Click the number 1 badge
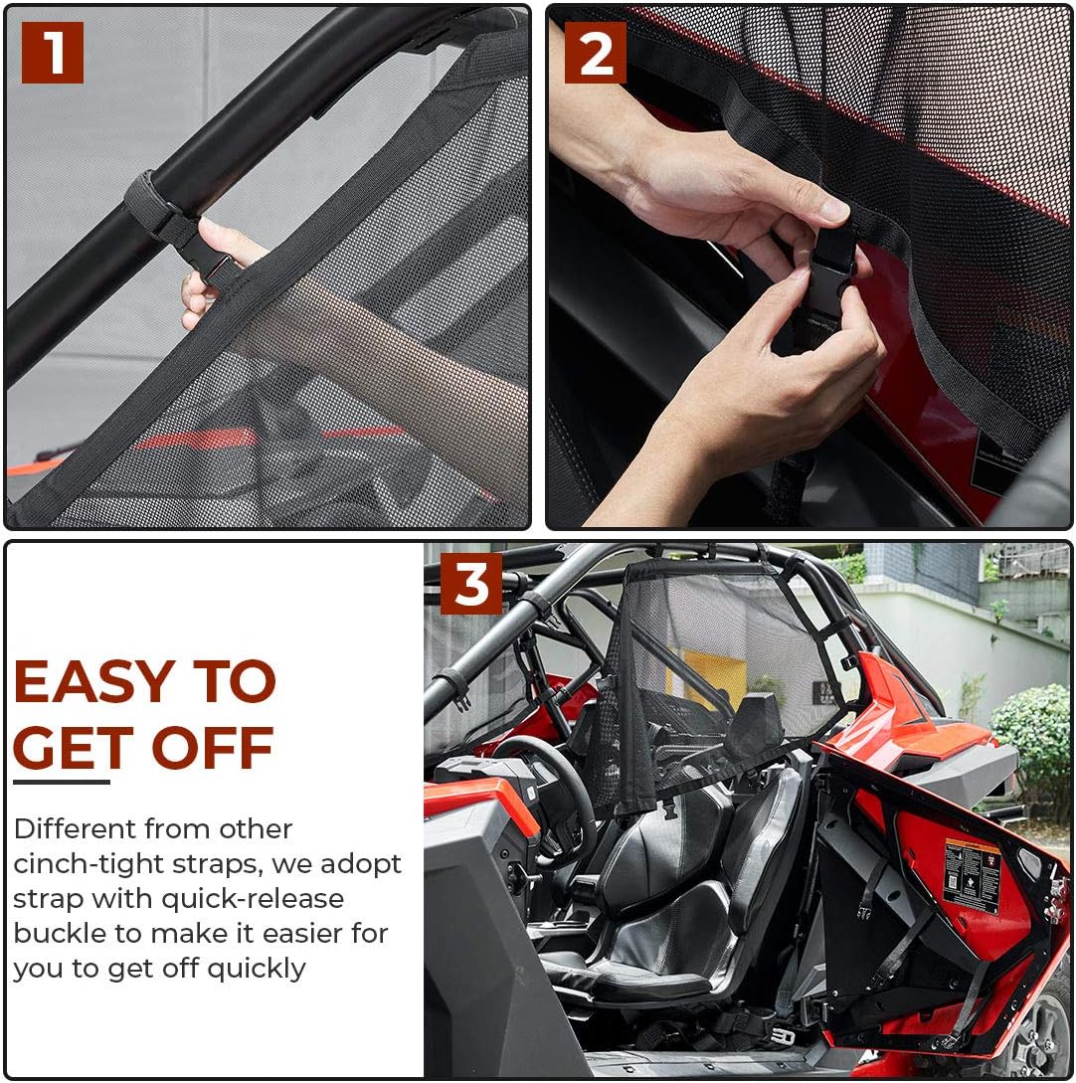pos(52,53)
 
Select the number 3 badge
pos(471,584)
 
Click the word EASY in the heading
pos(91,683)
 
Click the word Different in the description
pos(75,828)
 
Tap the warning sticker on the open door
pos(971,874)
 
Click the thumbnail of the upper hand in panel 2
pos(833,210)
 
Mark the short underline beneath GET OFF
pos(61,783)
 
